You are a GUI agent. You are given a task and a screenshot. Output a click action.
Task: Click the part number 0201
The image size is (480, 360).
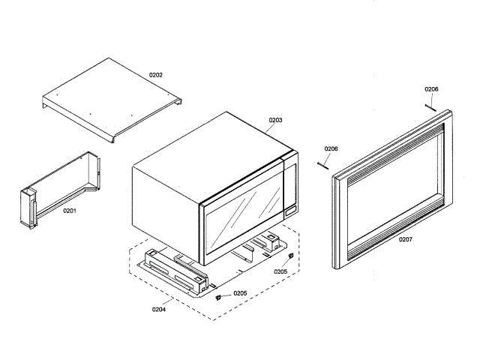(x=69, y=211)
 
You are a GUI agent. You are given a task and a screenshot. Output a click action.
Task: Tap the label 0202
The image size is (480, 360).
(x=156, y=75)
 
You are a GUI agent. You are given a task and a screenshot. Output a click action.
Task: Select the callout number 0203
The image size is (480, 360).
(x=275, y=120)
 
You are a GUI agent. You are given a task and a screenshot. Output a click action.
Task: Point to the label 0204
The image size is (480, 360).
(x=159, y=309)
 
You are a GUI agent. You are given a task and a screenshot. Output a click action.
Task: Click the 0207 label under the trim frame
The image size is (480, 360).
(x=406, y=239)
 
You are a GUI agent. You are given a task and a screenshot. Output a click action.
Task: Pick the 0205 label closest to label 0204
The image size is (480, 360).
(x=240, y=293)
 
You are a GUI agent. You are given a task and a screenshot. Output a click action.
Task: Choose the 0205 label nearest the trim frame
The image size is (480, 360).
(x=280, y=271)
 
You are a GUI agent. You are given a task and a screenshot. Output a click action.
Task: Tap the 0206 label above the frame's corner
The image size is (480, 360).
(x=431, y=89)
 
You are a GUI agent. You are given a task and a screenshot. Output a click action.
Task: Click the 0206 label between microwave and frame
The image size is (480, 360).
(x=331, y=148)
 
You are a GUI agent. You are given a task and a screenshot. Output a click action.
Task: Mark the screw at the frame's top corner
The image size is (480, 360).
(x=431, y=106)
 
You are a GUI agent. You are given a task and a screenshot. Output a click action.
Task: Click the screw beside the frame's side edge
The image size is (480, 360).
(x=324, y=163)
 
